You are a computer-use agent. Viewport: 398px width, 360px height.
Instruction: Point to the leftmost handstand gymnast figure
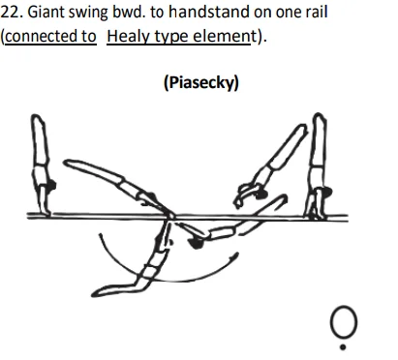pyautogui.click(x=40, y=165)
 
